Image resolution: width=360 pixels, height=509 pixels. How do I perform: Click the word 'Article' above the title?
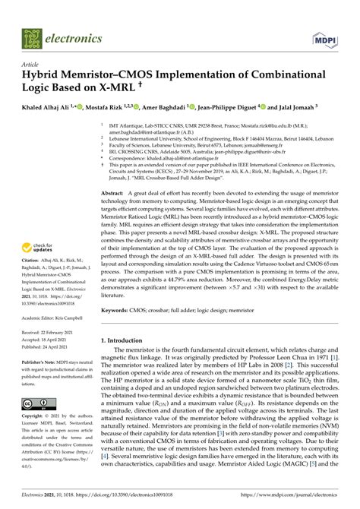point(30,65)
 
